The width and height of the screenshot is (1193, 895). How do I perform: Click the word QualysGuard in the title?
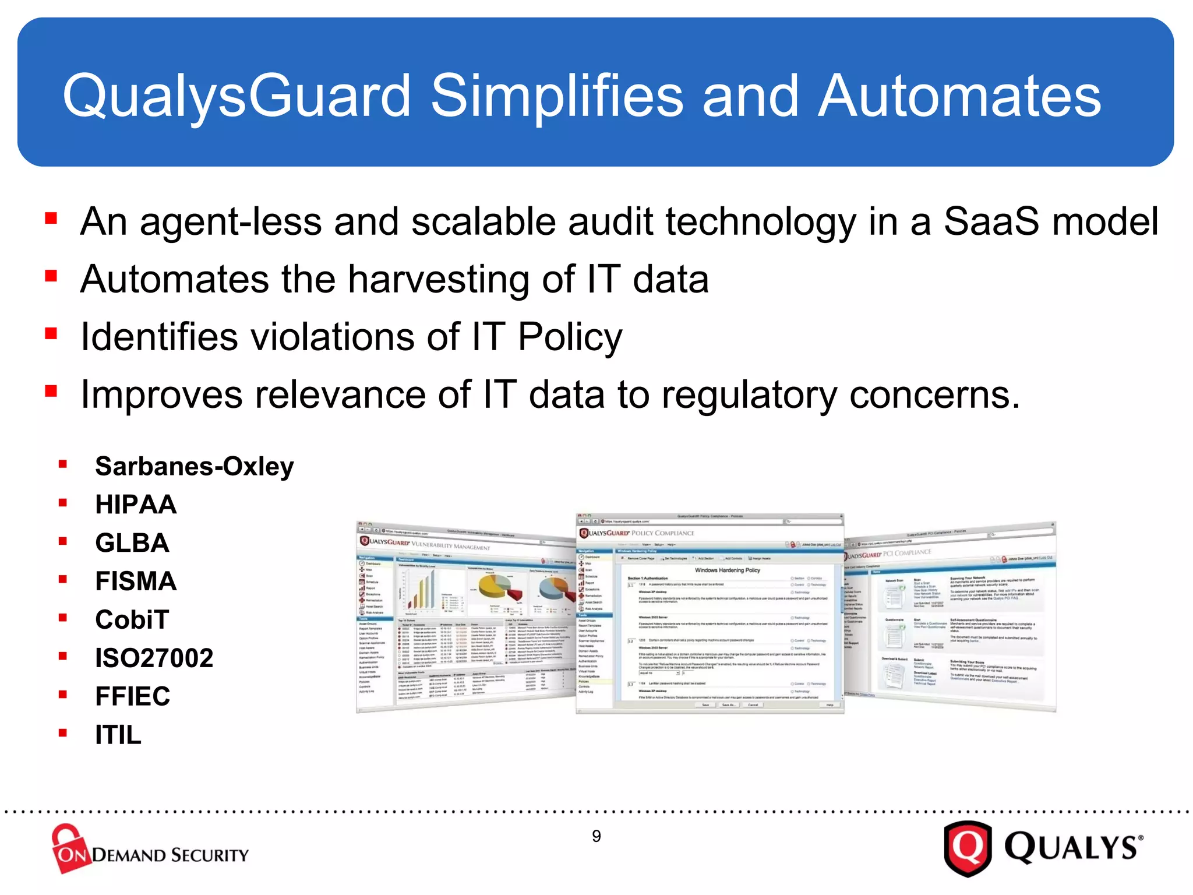(237, 96)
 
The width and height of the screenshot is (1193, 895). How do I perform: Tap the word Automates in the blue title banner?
(959, 96)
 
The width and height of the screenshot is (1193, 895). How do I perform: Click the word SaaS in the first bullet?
(991, 222)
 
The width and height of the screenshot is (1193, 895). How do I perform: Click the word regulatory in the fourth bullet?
(749, 395)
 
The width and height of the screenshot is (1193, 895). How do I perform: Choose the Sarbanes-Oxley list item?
(195, 466)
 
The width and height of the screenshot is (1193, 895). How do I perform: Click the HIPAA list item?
(136, 505)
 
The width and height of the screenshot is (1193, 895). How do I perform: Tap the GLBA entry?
(132, 543)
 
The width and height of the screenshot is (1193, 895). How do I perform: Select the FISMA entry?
(136, 582)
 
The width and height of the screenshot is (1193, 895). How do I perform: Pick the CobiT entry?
(132, 619)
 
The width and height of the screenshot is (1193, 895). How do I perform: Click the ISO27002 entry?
(154, 658)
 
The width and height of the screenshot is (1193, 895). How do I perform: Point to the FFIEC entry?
(133, 696)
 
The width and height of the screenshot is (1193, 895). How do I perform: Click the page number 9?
(596, 836)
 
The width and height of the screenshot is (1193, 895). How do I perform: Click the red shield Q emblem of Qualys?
(968, 848)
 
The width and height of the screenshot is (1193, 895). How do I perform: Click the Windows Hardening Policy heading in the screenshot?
(727, 570)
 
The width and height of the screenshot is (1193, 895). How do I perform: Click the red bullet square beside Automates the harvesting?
(51, 276)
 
